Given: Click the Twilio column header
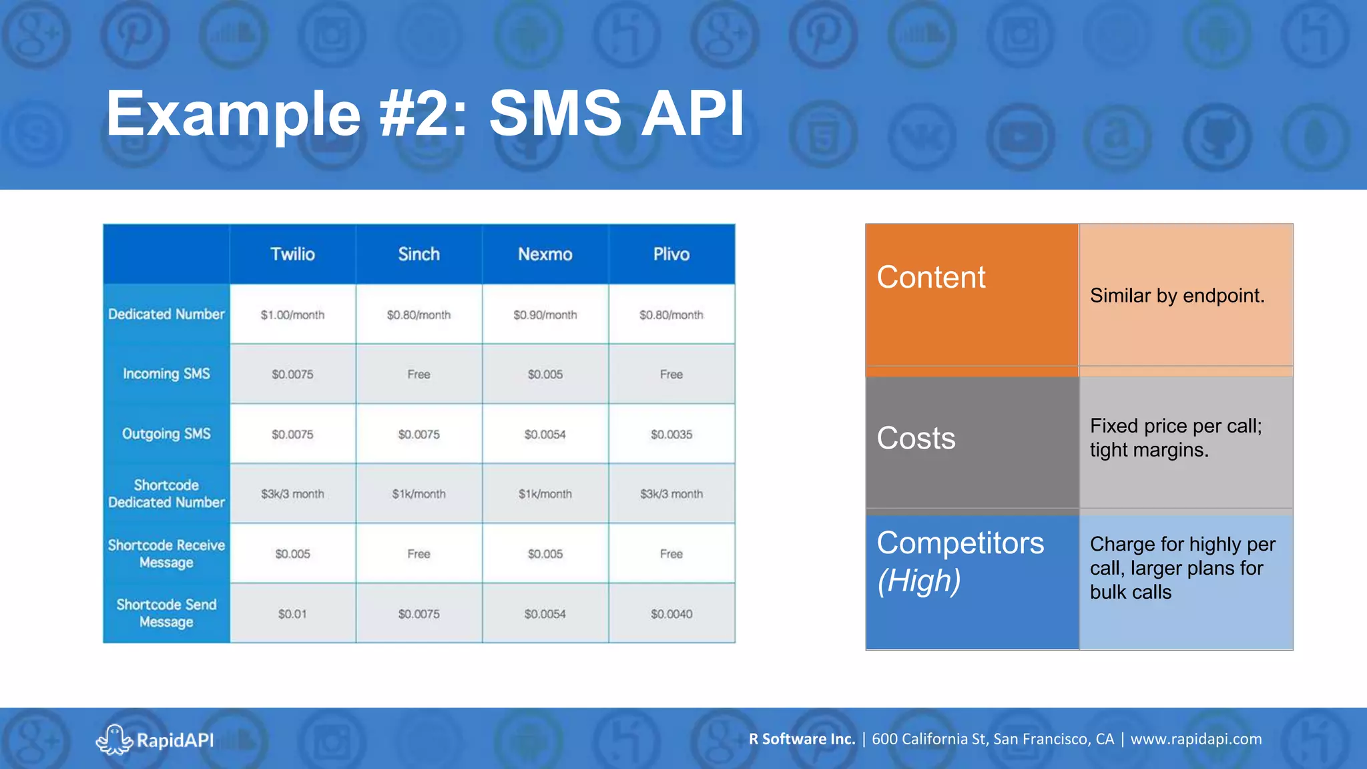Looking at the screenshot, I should coord(292,254).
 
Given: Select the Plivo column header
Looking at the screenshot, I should coord(671,254).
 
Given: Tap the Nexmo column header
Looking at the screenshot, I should coord(545,254).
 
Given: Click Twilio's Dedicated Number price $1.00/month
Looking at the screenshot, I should coord(292,315).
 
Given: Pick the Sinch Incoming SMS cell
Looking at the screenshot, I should coord(419,374).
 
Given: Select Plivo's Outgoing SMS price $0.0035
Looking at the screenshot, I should coord(671,435).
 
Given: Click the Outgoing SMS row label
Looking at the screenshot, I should coord(166,434).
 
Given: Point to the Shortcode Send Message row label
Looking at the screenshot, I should coord(166,613).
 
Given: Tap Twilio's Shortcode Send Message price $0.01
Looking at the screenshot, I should coord(292,614).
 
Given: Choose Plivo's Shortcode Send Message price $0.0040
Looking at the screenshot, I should coord(671,614).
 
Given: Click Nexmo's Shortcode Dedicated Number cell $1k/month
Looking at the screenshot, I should coord(545,494).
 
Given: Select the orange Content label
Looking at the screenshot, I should coord(930,277).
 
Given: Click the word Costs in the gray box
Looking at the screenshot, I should coord(916,439).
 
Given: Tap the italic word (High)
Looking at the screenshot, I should coord(919,581).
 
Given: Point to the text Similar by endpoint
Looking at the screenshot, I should coord(1177,296).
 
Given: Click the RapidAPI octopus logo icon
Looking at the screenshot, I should coord(113,740).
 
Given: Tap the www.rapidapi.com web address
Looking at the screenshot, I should coord(1195,739).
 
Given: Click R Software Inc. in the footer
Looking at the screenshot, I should coord(802,739).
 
